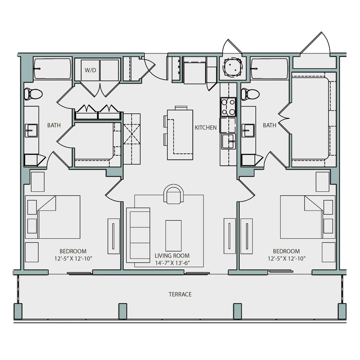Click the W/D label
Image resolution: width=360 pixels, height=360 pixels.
click(x=90, y=70)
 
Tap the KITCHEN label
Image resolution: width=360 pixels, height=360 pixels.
click(x=206, y=128)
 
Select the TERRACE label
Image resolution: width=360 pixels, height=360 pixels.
click(x=180, y=294)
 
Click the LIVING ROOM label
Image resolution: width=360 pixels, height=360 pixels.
click(x=172, y=256)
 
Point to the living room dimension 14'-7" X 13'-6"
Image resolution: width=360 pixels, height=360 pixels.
click(x=172, y=263)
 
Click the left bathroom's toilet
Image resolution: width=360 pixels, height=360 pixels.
click(x=33, y=94)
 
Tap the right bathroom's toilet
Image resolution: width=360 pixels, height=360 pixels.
click(x=250, y=94)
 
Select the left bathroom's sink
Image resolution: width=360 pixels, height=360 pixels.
click(x=31, y=131)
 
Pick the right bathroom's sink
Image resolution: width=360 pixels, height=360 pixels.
click(x=248, y=131)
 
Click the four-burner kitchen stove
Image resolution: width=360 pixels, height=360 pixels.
click(x=228, y=107)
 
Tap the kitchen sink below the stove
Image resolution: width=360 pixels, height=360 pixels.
click(x=228, y=142)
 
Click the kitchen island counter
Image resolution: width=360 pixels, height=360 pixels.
click(x=180, y=135)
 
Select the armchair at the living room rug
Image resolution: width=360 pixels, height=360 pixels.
click(x=174, y=194)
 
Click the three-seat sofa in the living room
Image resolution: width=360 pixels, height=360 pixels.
click(x=138, y=235)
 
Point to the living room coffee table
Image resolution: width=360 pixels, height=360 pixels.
click(x=173, y=236)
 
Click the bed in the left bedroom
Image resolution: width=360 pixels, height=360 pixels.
click(x=52, y=217)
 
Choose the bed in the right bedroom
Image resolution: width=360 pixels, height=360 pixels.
click(x=308, y=217)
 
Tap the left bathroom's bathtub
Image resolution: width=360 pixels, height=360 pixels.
click(x=52, y=69)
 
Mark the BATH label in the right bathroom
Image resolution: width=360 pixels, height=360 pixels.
click(x=270, y=125)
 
